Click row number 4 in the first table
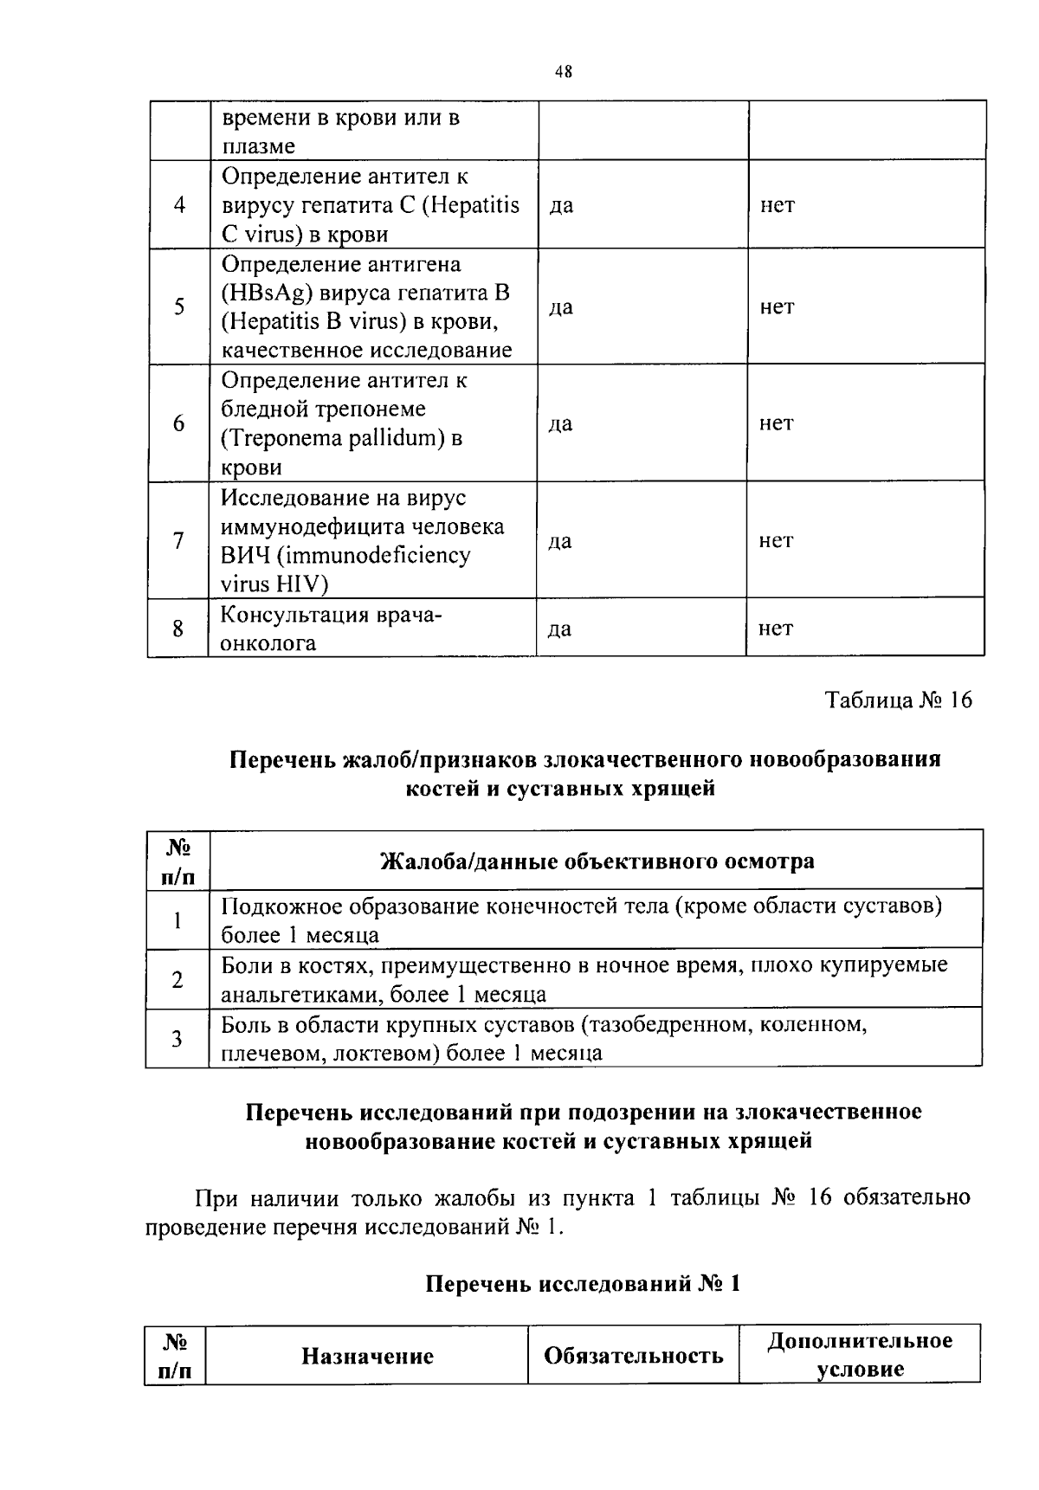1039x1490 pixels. (x=178, y=205)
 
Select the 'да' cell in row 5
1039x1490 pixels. (x=560, y=307)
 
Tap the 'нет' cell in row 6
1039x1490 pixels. (x=776, y=423)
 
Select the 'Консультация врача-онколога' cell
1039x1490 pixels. (x=332, y=629)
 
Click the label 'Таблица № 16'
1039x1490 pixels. (x=898, y=700)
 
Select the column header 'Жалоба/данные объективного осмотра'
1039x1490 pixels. (x=597, y=861)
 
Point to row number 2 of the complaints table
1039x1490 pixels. (x=177, y=980)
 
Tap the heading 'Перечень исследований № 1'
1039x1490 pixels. (x=584, y=1283)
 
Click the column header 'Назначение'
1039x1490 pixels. (x=367, y=1356)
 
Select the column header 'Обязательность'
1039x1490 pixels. (x=633, y=1356)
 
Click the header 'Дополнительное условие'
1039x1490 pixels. (x=860, y=1355)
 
